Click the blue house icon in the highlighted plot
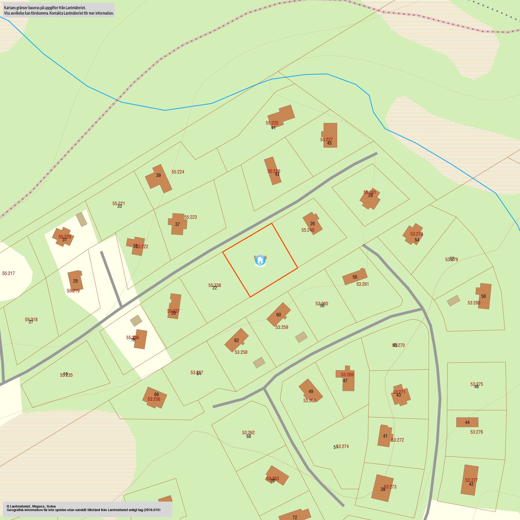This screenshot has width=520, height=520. tap(260, 260)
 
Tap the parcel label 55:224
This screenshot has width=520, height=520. tap(178, 172)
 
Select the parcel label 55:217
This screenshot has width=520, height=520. tap(9, 273)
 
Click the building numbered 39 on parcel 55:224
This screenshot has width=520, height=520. tap(159, 178)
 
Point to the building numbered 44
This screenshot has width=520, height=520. tap(467, 422)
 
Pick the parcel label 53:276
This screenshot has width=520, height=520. tap(476, 432)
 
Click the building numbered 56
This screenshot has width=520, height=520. tap(355, 277)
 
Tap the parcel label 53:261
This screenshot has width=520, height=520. tap(362, 284)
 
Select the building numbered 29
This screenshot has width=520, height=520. tap(75, 280)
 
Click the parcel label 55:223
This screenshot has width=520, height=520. tap(190, 217)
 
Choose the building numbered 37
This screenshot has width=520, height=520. tap(178, 224)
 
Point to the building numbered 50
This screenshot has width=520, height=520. tap(484, 296)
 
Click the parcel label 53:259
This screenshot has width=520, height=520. tap(282, 327)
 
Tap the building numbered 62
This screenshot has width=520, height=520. tap(236, 340)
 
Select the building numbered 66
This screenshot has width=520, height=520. tap(155, 397)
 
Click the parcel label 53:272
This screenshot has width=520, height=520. tap(397, 440)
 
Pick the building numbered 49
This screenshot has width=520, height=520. tap(310, 391)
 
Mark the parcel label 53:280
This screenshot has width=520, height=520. tap(474, 303)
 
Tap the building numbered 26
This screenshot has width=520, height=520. tap(312, 223)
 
